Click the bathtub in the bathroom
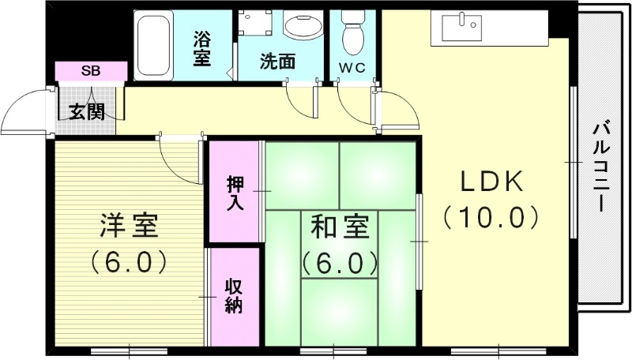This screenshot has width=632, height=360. click(154, 43)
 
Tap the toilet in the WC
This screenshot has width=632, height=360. click(352, 32)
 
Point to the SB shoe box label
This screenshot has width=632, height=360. click(90, 72)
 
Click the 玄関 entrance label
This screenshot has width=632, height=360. click(85, 111)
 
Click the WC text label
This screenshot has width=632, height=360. click(352, 67)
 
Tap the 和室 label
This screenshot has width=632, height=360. click(340, 227)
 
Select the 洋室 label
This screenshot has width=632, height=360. click(129, 227)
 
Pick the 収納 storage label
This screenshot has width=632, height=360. click(233, 295)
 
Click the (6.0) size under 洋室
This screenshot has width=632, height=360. click(129, 260)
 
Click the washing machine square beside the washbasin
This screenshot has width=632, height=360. click(254, 25)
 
